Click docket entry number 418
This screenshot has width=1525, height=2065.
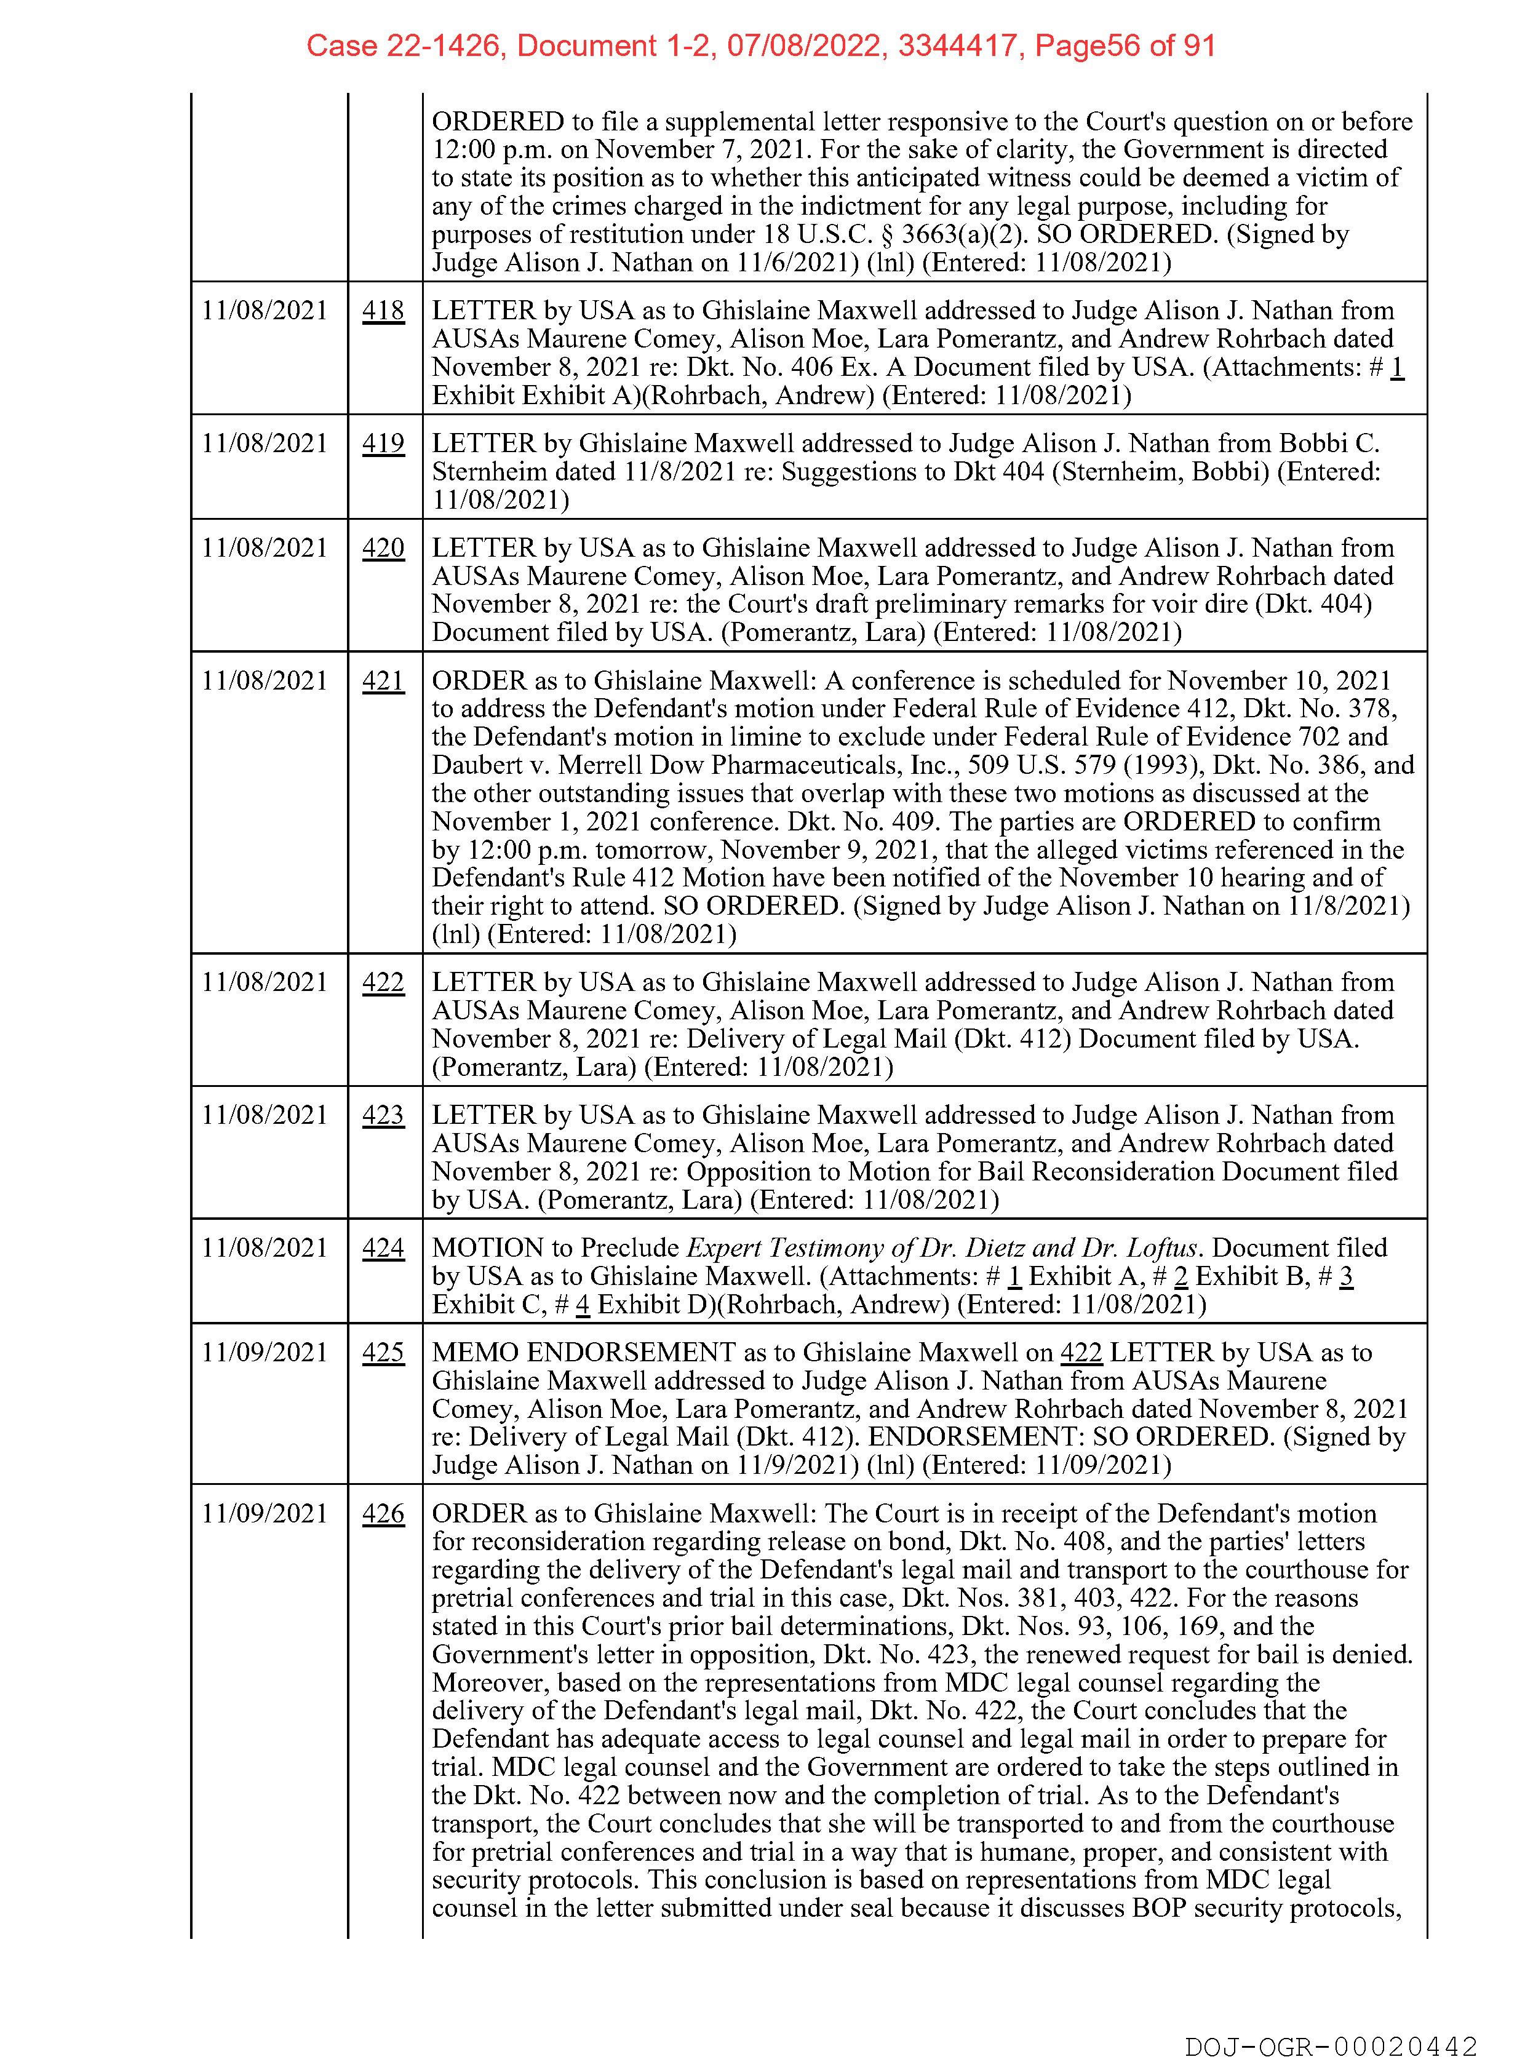383,311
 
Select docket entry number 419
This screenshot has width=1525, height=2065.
383,444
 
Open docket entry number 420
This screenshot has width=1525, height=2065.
383,548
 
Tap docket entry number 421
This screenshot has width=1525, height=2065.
383,681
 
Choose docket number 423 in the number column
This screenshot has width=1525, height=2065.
383,1115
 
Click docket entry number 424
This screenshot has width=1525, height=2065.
383,1248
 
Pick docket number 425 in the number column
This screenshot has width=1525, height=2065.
383,1353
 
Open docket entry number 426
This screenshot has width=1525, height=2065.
383,1514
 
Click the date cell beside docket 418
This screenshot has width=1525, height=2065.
265,311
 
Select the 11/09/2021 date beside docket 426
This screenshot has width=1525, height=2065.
265,1514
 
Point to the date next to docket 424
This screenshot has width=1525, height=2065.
265,1248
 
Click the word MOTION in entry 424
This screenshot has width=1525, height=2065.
487,1248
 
